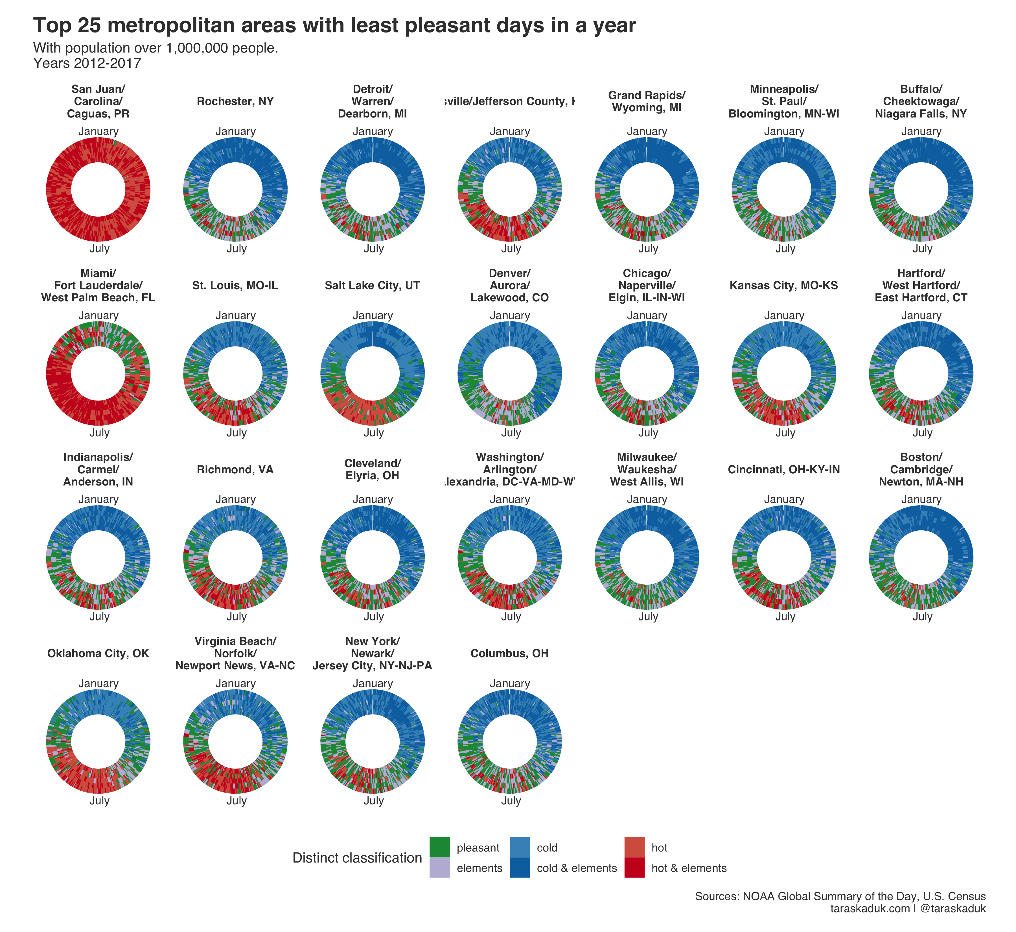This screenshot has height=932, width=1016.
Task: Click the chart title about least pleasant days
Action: pos(334,25)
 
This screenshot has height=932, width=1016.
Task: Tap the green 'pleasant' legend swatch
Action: pos(439,847)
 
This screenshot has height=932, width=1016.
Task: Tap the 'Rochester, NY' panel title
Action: pos(235,101)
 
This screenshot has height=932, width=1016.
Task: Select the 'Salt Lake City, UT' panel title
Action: pos(373,286)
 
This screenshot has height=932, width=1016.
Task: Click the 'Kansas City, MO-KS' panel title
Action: pos(784,286)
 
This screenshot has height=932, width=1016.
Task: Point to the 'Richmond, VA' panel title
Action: pos(235,469)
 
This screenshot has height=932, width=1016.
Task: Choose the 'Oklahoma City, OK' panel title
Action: pos(98,654)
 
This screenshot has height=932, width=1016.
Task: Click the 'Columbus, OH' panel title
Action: pos(509,654)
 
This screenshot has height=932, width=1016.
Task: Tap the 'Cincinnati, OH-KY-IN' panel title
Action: pos(784,469)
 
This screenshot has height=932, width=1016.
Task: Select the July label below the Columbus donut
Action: pos(511,800)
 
